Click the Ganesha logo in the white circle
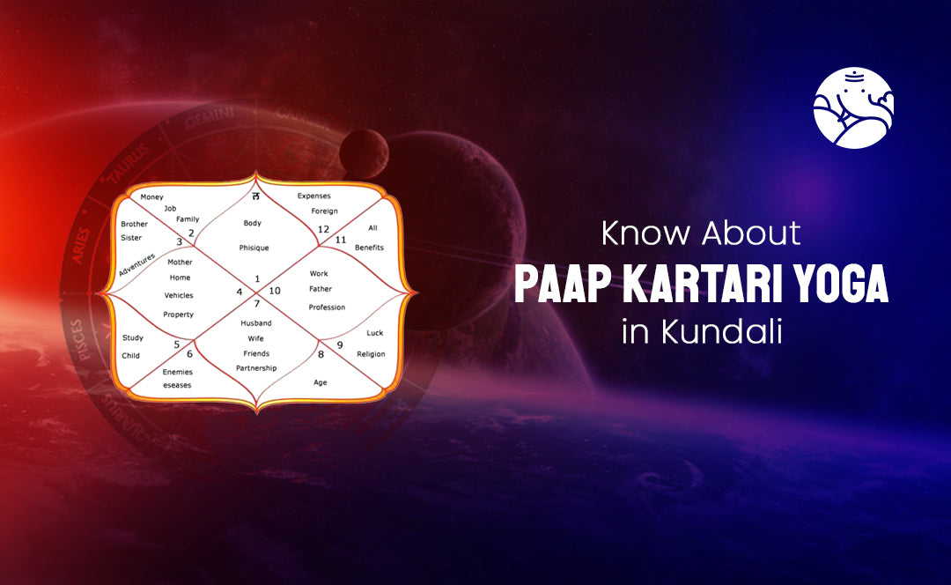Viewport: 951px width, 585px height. (x=853, y=107)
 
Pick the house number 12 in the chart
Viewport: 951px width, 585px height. (x=324, y=230)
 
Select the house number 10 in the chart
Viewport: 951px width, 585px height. (x=275, y=291)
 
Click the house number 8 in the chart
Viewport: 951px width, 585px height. (x=321, y=354)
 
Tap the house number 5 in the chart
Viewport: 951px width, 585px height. (x=177, y=344)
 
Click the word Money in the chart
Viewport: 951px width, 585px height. (x=151, y=196)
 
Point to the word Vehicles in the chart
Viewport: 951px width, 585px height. (x=179, y=295)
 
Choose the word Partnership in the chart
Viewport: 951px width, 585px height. (x=256, y=367)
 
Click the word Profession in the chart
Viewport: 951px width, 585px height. (x=327, y=307)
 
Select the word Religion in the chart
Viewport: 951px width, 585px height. (x=371, y=354)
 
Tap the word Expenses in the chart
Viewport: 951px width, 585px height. (x=313, y=195)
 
